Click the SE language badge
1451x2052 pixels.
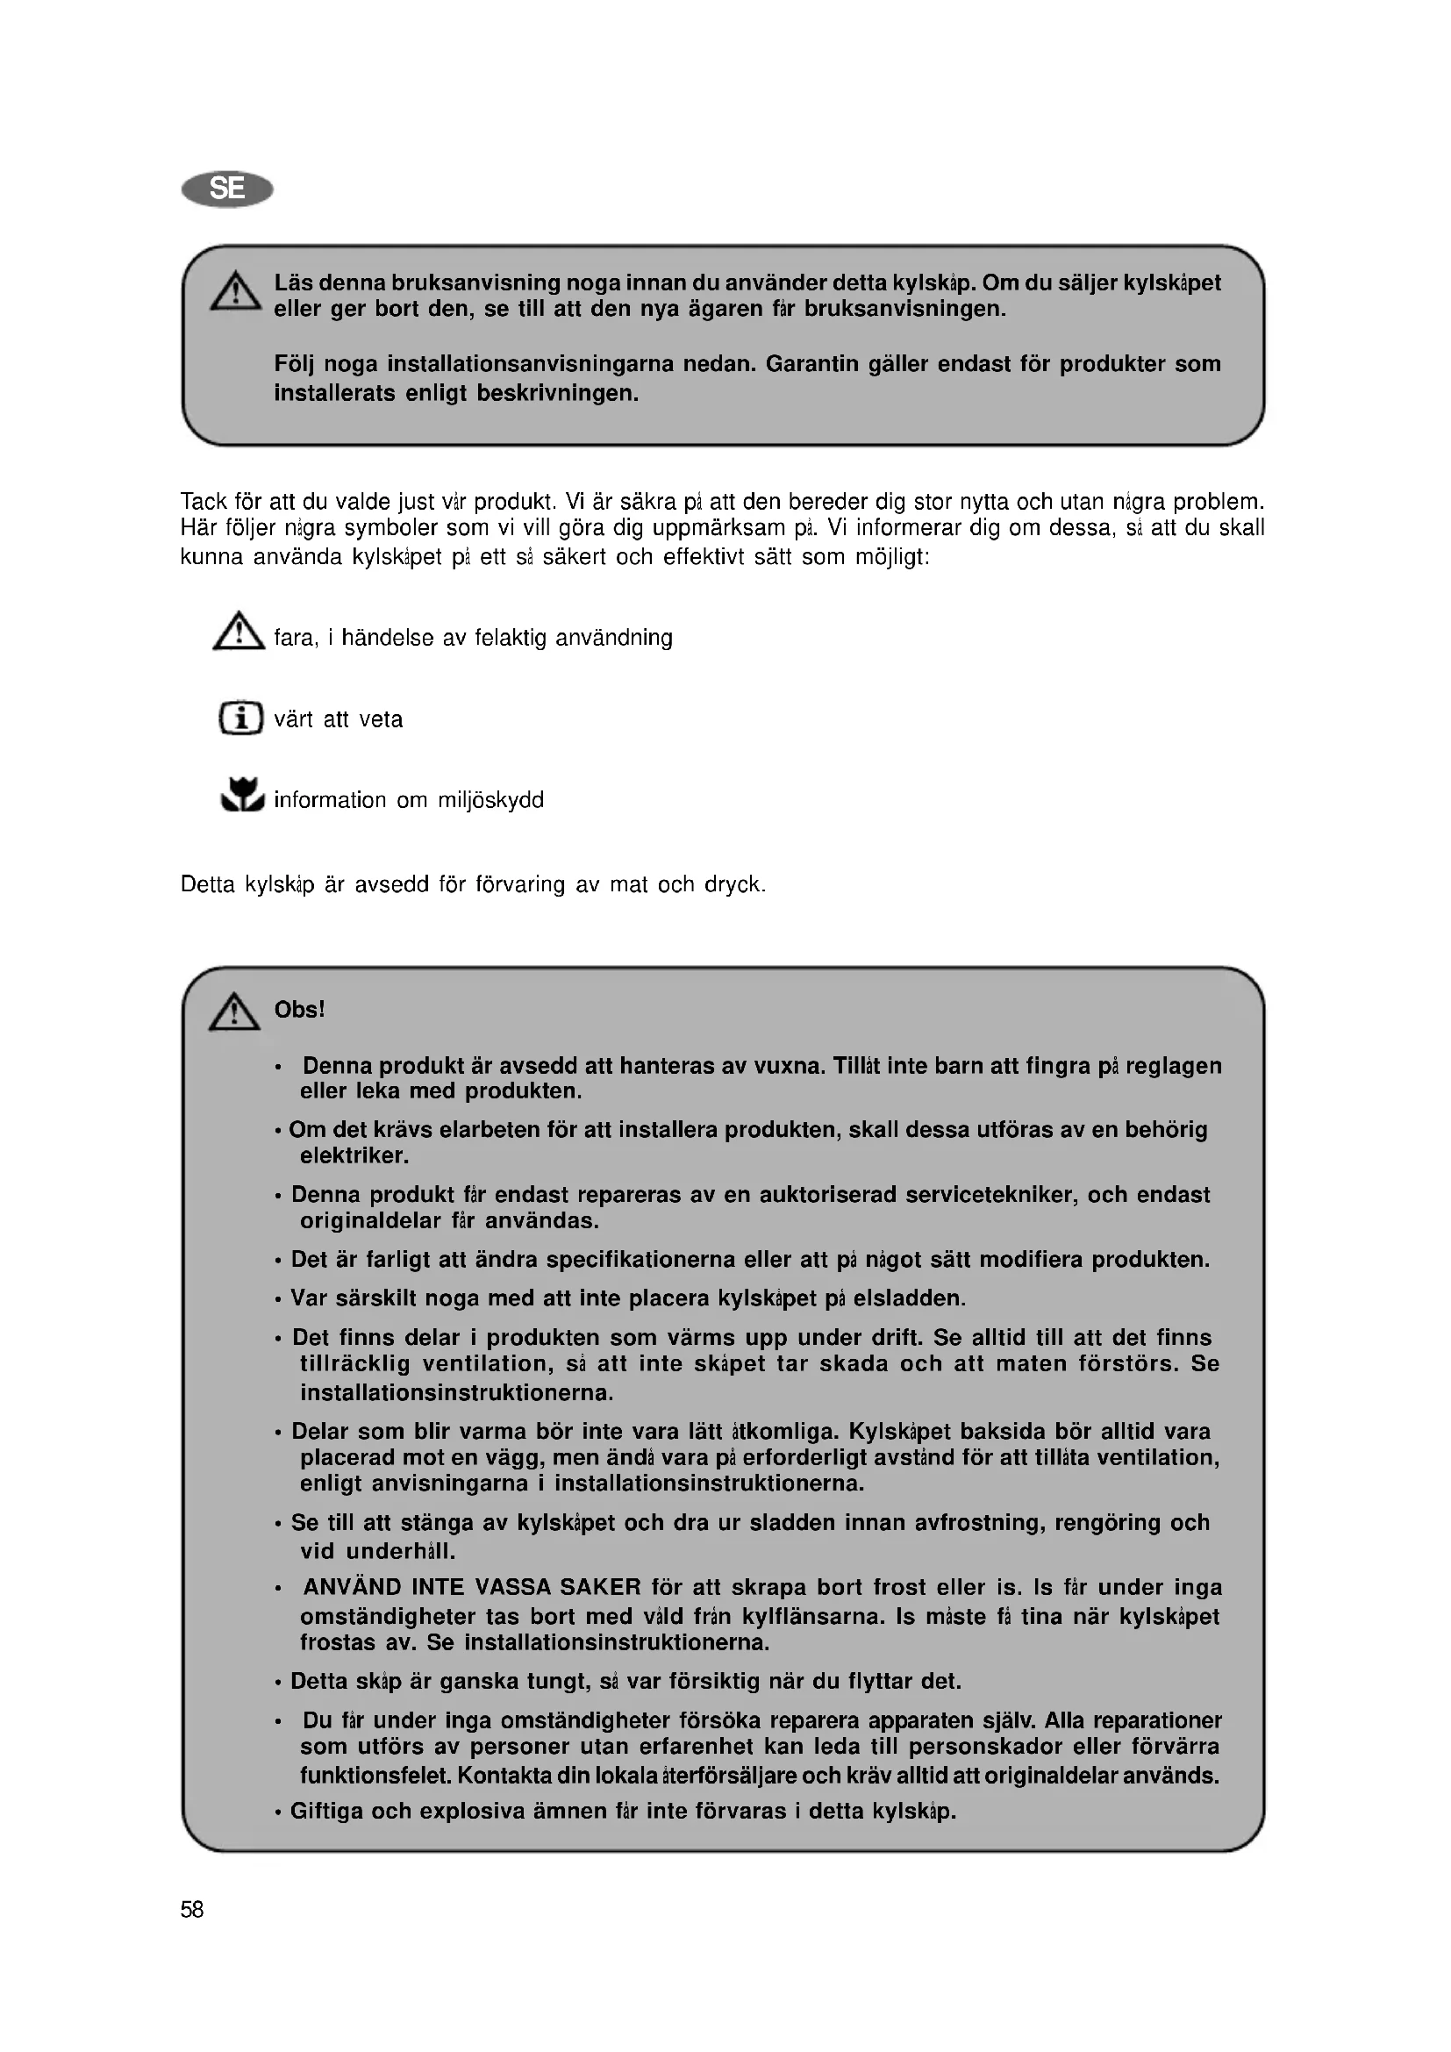point(227,189)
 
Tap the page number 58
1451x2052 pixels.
point(192,1909)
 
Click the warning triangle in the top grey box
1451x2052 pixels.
point(236,291)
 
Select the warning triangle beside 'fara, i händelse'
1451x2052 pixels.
point(239,632)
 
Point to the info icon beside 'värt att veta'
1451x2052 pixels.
point(241,718)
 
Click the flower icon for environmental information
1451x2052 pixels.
point(242,795)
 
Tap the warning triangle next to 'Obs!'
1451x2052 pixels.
point(234,1012)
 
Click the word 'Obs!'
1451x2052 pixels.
point(299,1010)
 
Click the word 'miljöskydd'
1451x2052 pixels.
point(490,800)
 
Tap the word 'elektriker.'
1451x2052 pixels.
point(354,1155)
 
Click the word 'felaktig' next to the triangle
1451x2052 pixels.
point(511,638)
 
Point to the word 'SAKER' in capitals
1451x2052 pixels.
point(599,1587)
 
